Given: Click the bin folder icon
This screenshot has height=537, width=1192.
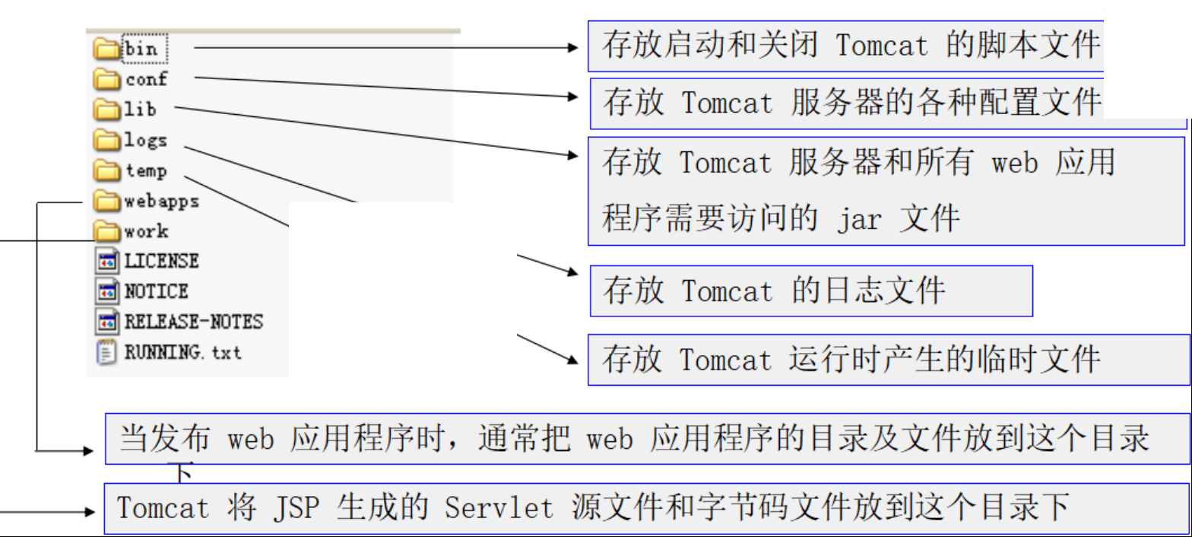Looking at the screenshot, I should (107, 49).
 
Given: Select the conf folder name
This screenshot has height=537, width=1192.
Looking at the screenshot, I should (146, 79).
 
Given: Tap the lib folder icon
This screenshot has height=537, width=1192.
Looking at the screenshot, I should (107, 110).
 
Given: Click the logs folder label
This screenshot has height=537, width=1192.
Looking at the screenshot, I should (145, 141).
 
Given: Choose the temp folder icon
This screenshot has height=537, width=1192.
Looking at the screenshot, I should (107, 170).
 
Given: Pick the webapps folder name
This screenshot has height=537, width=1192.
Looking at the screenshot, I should (161, 202).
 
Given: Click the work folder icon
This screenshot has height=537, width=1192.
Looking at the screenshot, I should (107, 231).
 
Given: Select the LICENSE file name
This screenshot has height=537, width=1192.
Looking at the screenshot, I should (161, 261).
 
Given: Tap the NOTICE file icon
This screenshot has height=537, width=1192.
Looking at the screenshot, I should (107, 291).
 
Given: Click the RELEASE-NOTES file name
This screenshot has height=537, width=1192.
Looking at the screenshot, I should (193, 322).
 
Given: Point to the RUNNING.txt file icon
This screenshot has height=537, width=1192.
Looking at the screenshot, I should (107, 352).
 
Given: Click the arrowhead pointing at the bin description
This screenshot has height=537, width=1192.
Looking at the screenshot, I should (574, 48).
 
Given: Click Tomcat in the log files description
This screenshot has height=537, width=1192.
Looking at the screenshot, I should (727, 291).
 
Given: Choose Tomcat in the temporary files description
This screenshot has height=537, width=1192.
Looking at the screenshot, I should (725, 359).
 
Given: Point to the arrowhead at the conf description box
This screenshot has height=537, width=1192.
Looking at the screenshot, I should (574, 97).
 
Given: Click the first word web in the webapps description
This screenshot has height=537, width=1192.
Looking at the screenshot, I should (251, 440).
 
